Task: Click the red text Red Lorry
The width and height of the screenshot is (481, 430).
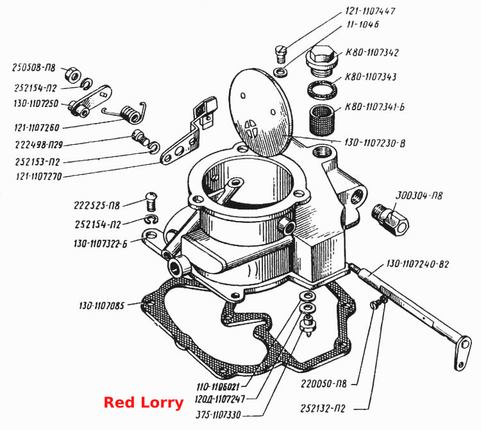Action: pos(144,402)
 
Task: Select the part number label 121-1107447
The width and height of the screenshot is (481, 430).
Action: pos(370,11)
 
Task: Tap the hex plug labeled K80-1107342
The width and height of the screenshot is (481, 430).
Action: pos(321,62)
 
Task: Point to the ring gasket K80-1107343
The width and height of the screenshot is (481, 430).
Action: pos(323,90)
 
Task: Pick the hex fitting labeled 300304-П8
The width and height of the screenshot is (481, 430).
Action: pos(390,219)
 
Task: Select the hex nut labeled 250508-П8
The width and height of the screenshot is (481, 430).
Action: pos(72,75)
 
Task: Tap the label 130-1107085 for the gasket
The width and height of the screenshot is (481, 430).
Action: pos(101,306)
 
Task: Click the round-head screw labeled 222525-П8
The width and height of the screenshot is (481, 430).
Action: pos(151,201)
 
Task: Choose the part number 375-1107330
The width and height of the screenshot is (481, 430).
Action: pos(219,415)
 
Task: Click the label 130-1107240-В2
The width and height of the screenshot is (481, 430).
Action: pos(418,264)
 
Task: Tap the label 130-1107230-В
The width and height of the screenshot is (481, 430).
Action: pos(375,143)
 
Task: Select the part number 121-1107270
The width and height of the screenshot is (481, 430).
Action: pos(38,176)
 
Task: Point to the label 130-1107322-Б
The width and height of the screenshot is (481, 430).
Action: pos(100,244)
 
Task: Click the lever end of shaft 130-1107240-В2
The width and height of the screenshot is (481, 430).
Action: pos(462,353)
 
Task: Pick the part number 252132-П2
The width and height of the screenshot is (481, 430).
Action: pos(323,409)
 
